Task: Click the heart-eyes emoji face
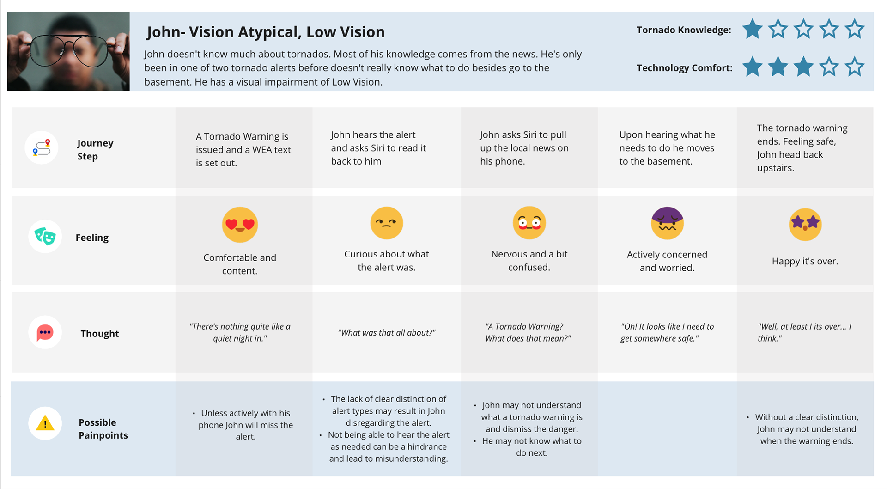click(x=240, y=225)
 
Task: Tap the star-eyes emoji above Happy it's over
click(x=805, y=225)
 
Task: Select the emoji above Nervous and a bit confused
click(x=529, y=223)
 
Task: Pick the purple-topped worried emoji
click(x=667, y=223)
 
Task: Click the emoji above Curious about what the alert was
click(x=387, y=223)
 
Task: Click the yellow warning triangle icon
click(x=45, y=423)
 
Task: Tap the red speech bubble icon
click(x=45, y=332)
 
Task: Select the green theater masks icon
click(x=45, y=236)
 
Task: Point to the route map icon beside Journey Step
click(x=42, y=148)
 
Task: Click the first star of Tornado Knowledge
click(x=753, y=29)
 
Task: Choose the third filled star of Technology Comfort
click(x=803, y=67)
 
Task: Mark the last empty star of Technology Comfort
click(x=855, y=67)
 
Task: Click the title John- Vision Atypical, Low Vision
click(x=266, y=32)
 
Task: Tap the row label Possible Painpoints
click(x=103, y=428)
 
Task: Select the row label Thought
click(x=100, y=333)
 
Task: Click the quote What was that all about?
click(x=387, y=333)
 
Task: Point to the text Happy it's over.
click(x=805, y=261)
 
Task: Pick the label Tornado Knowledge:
click(x=684, y=30)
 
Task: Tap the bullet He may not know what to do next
click(x=531, y=447)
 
